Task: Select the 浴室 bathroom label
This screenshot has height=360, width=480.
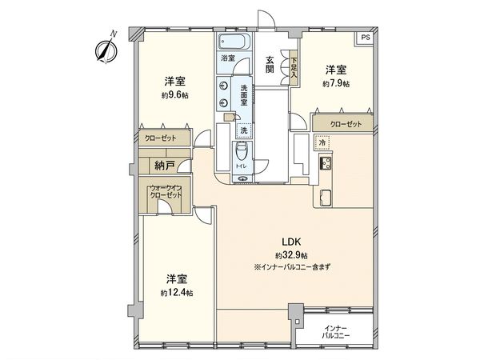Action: click(228, 58)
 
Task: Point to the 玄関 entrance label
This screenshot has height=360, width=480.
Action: click(271, 63)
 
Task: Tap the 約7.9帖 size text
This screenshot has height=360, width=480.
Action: click(336, 83)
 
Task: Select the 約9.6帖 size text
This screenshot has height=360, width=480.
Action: click(174, 95)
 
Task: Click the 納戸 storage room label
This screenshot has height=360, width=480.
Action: click(165, 166)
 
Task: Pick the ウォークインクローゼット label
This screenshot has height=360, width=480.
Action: click(165, 192)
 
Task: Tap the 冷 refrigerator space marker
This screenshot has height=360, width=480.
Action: click(322, 143)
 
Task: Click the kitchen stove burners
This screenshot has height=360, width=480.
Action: click(327, 165)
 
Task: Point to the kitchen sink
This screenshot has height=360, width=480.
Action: click(326, 197)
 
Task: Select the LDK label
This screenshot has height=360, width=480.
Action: click(290, 242)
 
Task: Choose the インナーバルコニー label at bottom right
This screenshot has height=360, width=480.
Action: click(336, 333)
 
